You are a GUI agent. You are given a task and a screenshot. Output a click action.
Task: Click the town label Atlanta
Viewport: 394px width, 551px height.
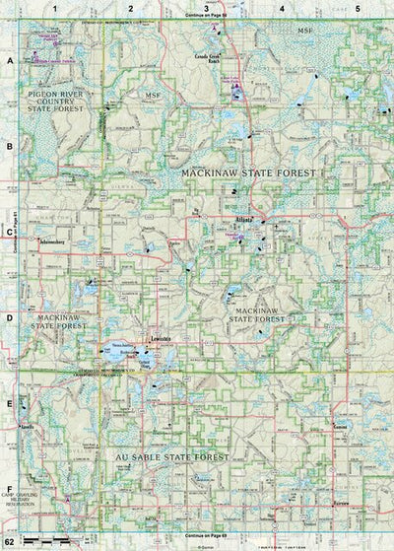point(244,218)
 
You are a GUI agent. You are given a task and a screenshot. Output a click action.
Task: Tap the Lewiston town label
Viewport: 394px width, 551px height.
point(161,339)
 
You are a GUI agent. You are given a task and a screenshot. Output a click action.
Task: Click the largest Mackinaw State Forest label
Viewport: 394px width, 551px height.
point(247,172)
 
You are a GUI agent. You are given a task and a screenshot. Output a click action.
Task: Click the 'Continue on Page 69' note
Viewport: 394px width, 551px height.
point(196,532)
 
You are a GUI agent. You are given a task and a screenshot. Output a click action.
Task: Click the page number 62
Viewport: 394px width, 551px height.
point(8,542)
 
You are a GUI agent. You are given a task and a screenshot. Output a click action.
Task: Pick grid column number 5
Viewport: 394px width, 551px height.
point(358,8)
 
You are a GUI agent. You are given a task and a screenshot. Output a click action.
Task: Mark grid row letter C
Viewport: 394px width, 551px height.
point(9,234)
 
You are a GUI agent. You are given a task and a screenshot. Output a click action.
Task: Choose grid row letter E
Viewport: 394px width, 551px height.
point(9,404)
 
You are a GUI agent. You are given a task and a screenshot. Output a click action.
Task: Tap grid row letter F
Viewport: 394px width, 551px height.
point(9,489)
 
